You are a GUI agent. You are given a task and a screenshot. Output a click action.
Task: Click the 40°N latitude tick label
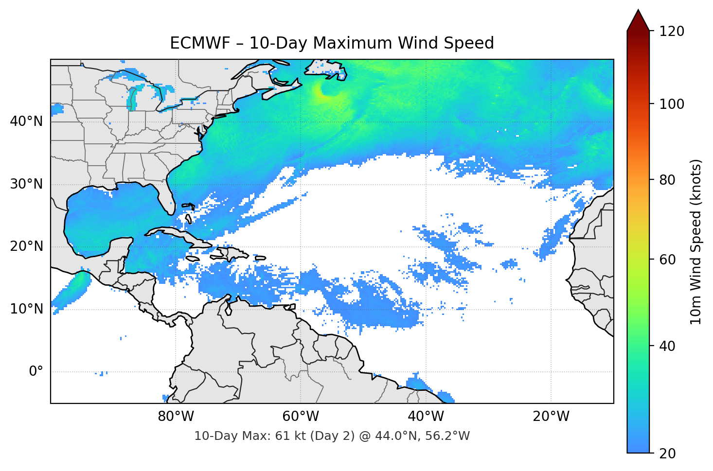click(x=26, y=122)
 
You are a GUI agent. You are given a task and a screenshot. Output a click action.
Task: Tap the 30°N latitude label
click(x=26, y=184)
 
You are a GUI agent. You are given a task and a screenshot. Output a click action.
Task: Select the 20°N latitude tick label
click(x=26, y=246)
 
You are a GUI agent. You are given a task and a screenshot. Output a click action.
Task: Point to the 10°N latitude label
click(x=26, y=309)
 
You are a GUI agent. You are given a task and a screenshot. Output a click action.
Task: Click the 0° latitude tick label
click(x=36, y=372)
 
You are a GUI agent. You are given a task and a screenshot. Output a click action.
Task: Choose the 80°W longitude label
click(x=176, y=417)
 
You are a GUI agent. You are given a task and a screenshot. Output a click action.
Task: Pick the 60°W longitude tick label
click(x=301, y=417)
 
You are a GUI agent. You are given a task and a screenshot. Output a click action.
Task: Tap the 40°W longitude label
click(x=426, y=417)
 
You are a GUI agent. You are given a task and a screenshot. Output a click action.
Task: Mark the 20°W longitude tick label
click(x=551, y=417)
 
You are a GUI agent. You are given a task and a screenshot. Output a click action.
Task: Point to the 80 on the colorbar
click(x=670, y=180)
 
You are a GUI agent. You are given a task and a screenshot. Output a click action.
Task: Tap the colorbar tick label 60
click(x=670, y=260)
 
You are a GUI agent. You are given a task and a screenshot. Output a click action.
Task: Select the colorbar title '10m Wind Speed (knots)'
click(x=696, y=242)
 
